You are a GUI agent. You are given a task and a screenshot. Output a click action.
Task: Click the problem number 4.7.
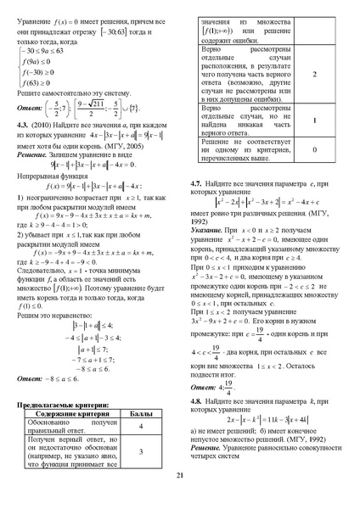coord(198,182)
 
